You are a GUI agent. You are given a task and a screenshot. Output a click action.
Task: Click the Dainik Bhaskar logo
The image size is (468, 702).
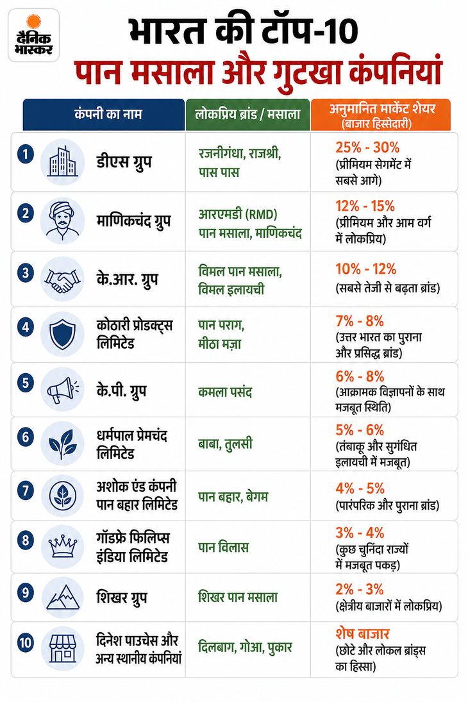[33, 35]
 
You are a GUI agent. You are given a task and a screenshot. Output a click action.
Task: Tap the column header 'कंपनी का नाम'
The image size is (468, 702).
[108, 114]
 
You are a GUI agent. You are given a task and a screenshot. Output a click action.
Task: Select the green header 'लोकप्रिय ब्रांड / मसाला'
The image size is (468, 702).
[247, 114]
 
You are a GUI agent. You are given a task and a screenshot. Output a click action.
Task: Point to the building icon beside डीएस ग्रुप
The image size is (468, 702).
[62, 162]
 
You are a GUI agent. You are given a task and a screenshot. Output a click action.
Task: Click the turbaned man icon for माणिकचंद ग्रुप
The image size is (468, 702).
[62, 221]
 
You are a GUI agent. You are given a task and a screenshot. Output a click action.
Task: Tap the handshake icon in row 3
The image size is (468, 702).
[62, 280]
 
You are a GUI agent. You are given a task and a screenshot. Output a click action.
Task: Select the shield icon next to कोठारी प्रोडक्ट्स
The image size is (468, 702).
[62, 334]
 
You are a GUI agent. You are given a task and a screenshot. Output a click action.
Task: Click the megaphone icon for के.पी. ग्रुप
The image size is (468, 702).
[62, 390]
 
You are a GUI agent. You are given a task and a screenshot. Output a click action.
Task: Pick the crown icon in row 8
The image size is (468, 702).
[62, 547]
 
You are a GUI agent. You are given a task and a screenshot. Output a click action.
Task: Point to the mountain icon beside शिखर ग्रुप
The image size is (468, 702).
[62, 598]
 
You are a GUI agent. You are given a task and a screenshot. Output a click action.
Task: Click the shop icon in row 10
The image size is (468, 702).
[62, 648]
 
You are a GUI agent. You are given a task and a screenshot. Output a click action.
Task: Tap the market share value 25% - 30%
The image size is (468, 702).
[367, 147]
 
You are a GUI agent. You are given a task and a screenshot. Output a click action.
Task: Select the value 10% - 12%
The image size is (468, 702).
[366, 269]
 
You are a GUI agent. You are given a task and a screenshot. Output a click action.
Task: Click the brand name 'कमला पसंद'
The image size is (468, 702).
[225, 392]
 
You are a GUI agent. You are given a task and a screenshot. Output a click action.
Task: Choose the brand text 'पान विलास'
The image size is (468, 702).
[223, 547]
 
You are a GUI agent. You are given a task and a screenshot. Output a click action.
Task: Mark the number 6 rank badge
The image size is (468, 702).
[26, 437]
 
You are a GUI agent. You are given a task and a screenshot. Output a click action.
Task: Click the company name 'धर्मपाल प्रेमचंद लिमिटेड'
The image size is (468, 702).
[131, 444]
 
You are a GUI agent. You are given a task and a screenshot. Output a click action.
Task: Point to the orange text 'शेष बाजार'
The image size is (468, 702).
[362, 633]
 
